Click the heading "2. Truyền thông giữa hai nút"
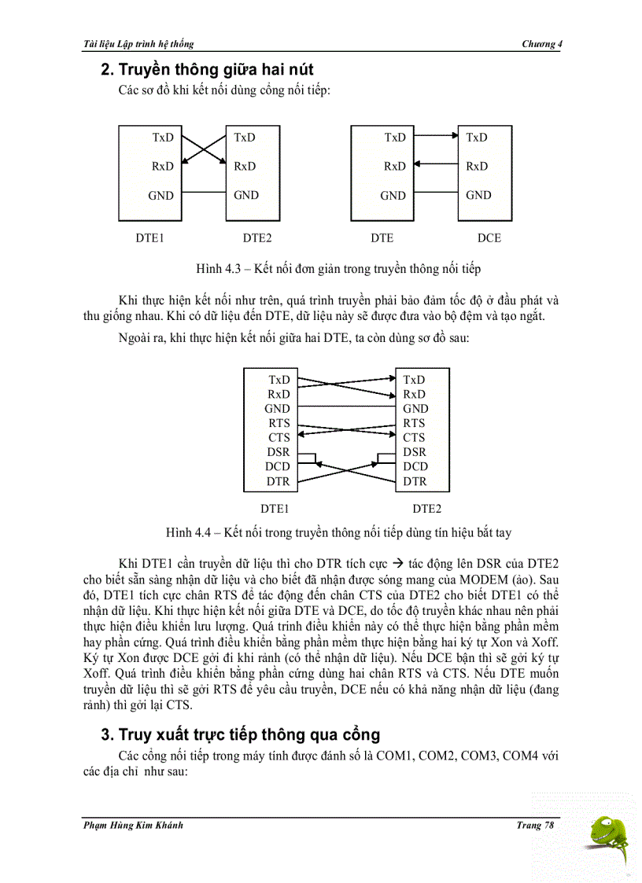click(207, 70)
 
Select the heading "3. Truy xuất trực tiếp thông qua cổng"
click(240, 734)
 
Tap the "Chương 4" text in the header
click(542, 43)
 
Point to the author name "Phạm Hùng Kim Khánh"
click(133, 825)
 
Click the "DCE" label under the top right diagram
click(489, 237)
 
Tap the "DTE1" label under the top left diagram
click(150, 237)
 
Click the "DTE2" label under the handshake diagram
click(427, 508)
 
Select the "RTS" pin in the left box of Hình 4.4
click(279, 423)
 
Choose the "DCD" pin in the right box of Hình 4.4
click(415, 466)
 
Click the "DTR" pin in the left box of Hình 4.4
click(278, 481)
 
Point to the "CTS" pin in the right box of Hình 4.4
click(414, 437)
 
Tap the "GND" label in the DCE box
click(478, 195)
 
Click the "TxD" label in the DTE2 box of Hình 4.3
click(245, 137)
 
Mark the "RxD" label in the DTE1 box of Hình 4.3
click(163, 166)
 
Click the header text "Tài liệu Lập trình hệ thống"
click(138, 43)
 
